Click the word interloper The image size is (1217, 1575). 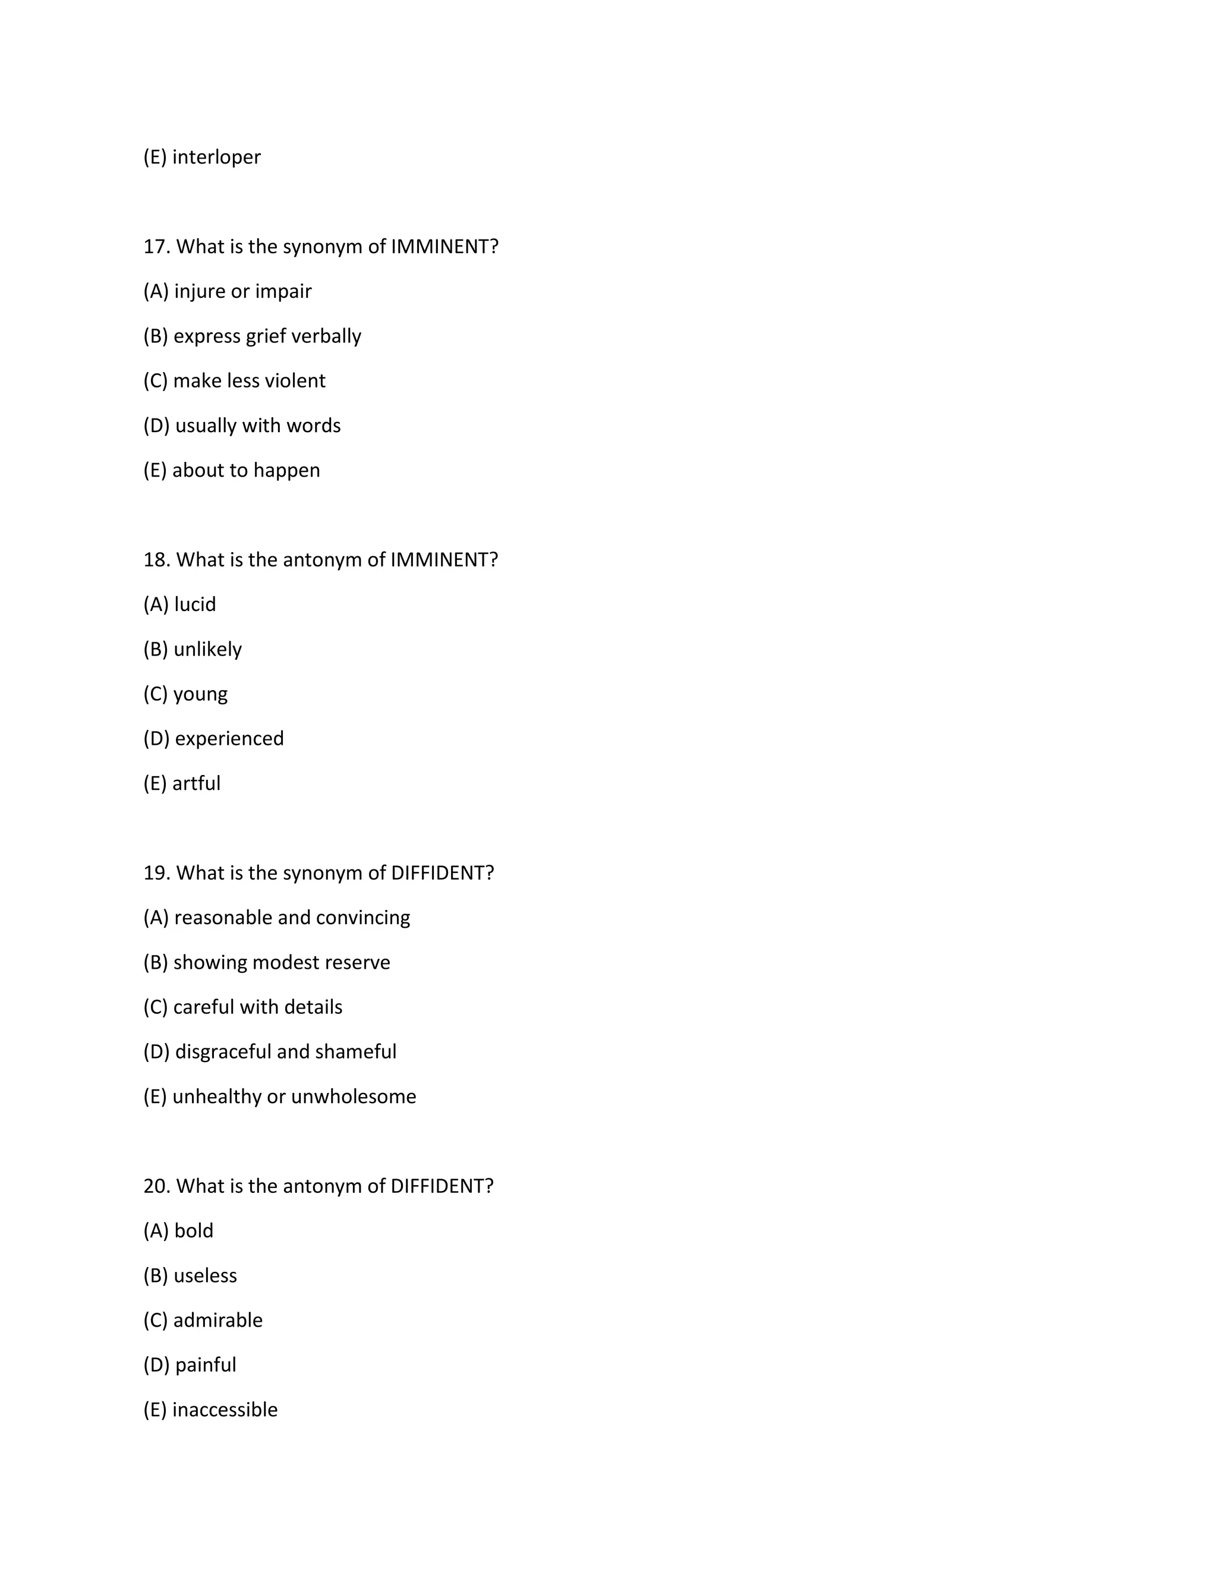(216, 157)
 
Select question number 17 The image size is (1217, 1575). (156, 247)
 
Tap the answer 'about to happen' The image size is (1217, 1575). (246, 470)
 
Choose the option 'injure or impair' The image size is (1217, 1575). (243, 291)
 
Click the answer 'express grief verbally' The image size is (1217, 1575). (267, 336)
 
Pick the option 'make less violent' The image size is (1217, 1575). (250, 381)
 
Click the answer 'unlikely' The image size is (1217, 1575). (207, 649)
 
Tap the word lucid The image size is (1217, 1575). (195, 604)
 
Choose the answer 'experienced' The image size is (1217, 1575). (229, 738)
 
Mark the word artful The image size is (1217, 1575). (196, 783)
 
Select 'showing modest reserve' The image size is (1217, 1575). (282, 962)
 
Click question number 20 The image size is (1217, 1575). (156, 1186)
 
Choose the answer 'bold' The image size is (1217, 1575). (194, 1230)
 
